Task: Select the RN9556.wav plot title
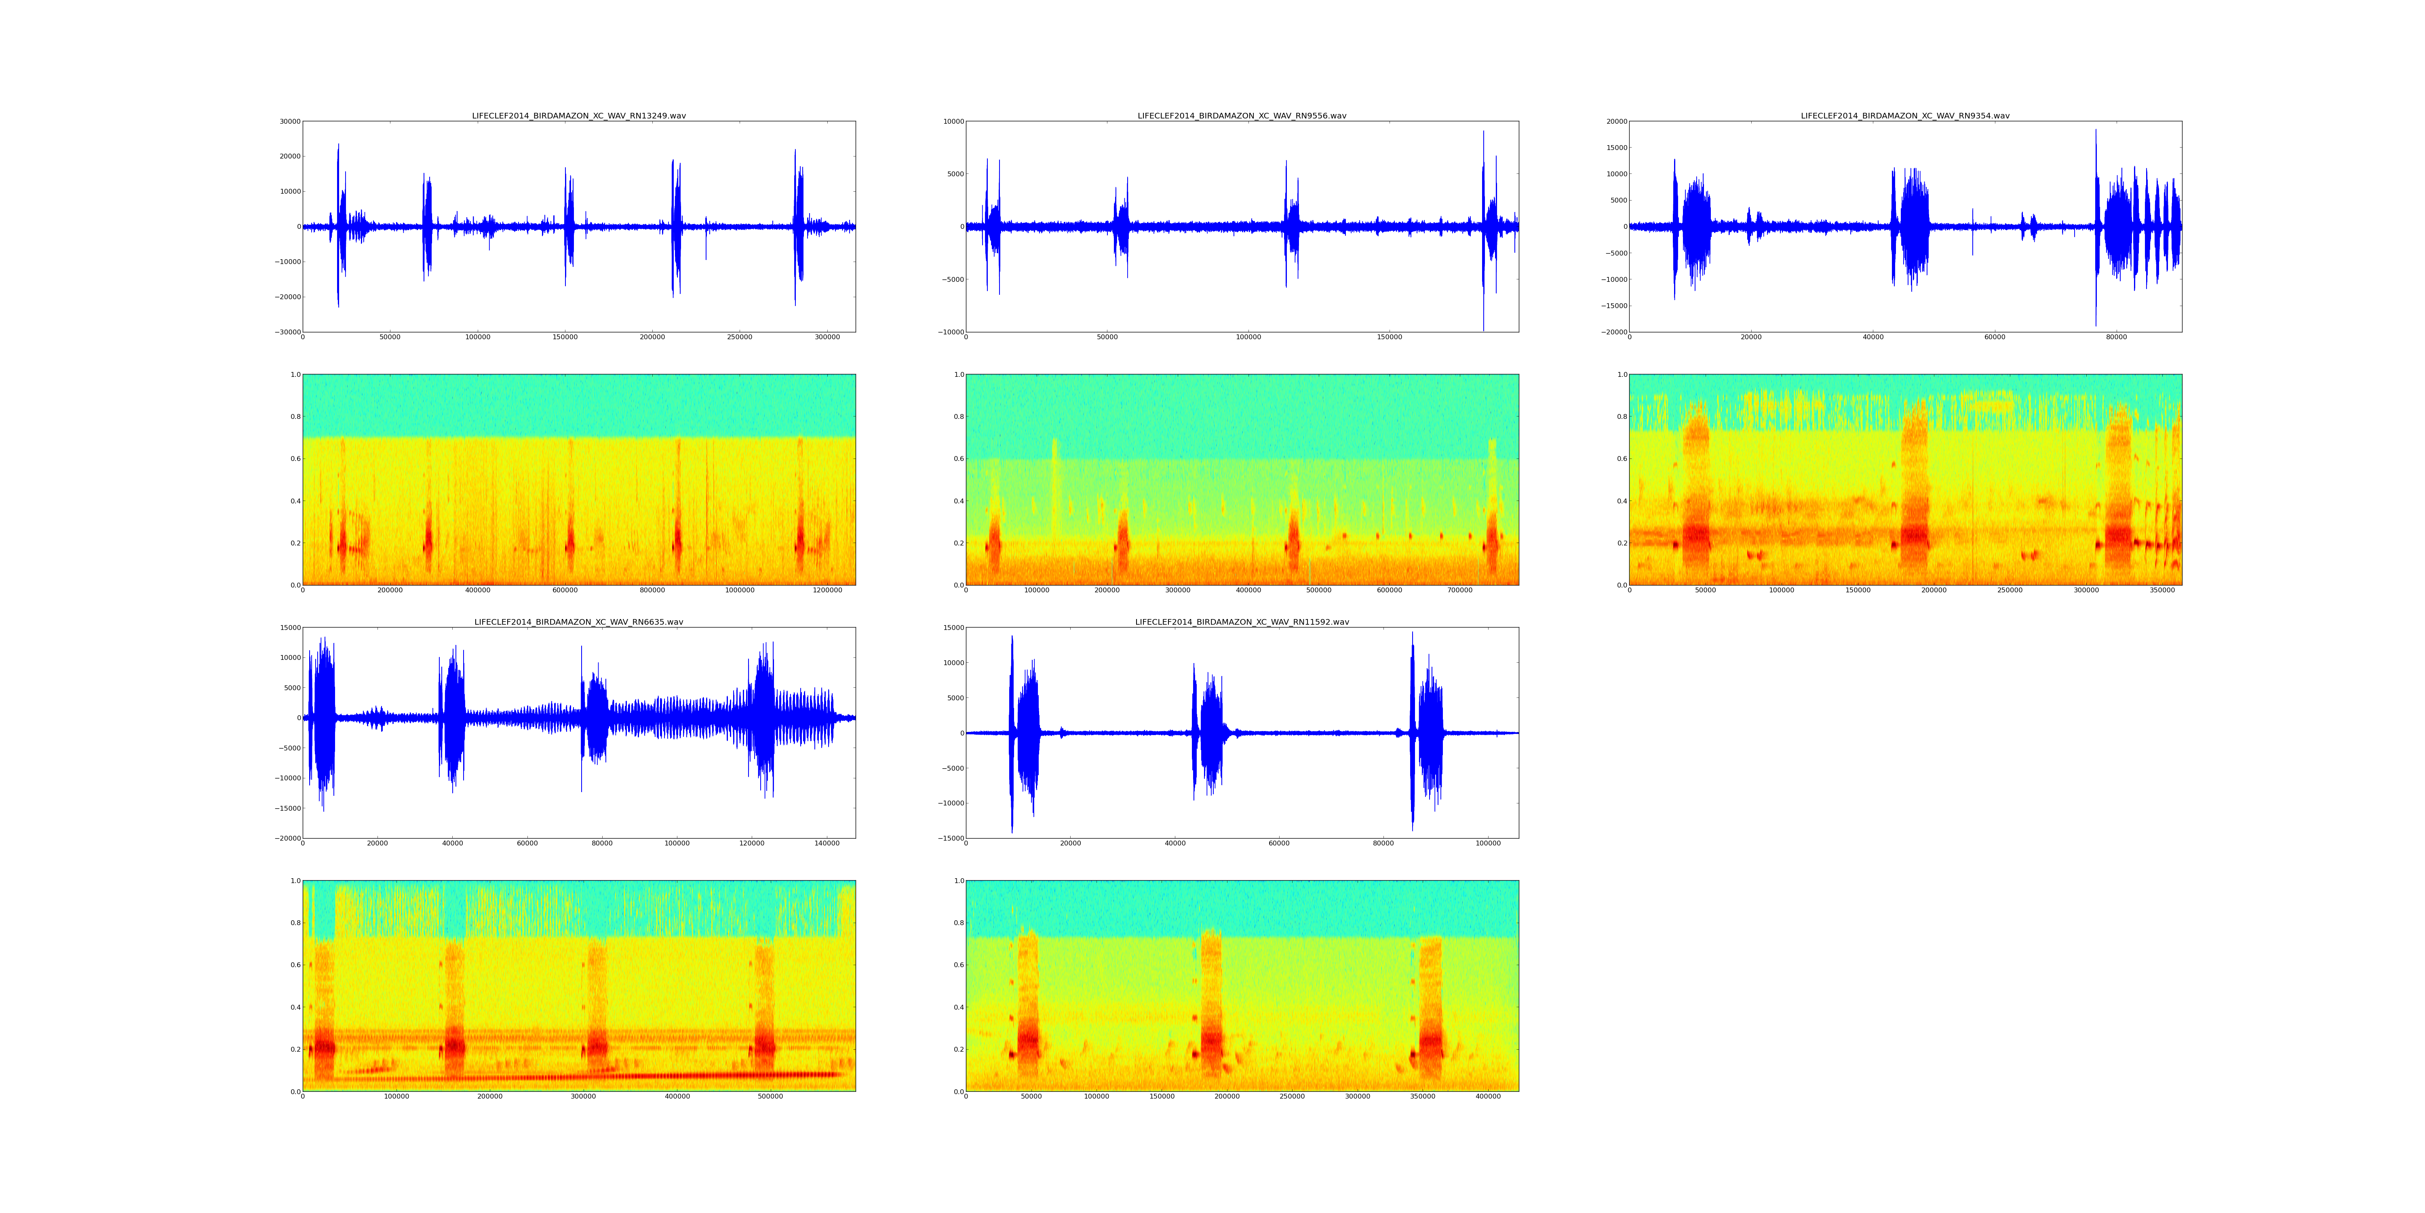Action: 1242,116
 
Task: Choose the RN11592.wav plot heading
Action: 1242,621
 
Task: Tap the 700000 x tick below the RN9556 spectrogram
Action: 1460,590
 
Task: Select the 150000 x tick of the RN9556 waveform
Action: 1390,337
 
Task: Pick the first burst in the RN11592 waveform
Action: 1023,733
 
